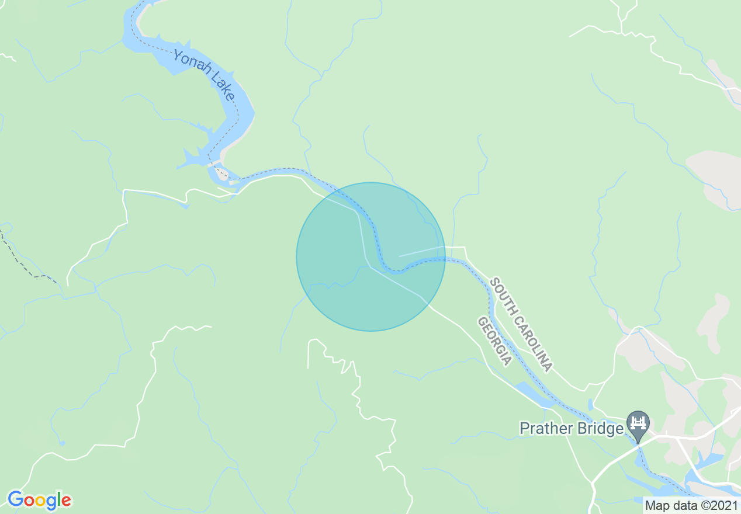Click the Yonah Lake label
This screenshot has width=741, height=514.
point(203,75)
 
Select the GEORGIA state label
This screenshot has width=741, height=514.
point(494,341)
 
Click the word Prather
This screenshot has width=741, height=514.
point(545,429)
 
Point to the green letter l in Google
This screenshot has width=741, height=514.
point(59,499)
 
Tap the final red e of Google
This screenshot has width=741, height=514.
point(66,501)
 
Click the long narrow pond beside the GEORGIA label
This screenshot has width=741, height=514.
point(534,394)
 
